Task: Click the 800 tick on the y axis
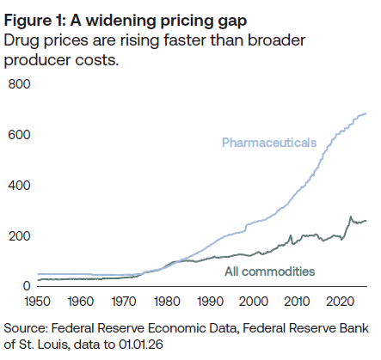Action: click(x=19, y=84)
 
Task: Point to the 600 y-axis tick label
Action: click(x=19, y=135)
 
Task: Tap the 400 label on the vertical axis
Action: click(x=19, y=186)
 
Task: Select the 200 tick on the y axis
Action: click(x=19, y=236)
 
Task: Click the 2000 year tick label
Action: click(x=254, y=302)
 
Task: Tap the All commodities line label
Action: click(x=270, y=272)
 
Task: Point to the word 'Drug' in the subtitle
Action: click(x=23, y=41)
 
